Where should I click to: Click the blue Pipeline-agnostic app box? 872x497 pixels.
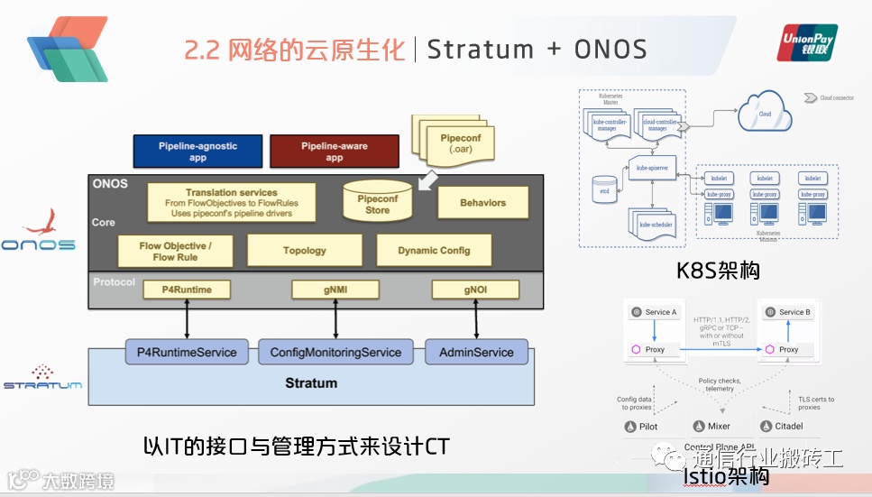pyautogui.click(x=197, y=152)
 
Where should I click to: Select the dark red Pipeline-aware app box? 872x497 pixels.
pyautogui.click(x=334, y=152)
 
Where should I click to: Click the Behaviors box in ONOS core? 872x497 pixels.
pyautogui.click(x=482, y=203)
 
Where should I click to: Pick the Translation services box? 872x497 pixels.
pyautogui.click(x=232, y=204)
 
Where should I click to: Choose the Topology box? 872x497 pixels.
pyautogui.click(x=305, y=250)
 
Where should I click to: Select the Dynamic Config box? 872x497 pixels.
pyautogui.click(x=434, y=250)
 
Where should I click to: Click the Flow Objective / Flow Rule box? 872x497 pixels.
pyautogui.click(x=175, y=251)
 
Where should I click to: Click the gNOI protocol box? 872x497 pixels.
pyautogui.click(x=475, y=290)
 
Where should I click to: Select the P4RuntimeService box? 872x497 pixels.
pyautogui.click(x=187, y=352)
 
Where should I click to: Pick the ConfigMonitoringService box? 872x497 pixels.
pyautogui.click(x=335, y=352)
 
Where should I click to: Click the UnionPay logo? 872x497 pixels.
pyautogui.click(x=808, y=43)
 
